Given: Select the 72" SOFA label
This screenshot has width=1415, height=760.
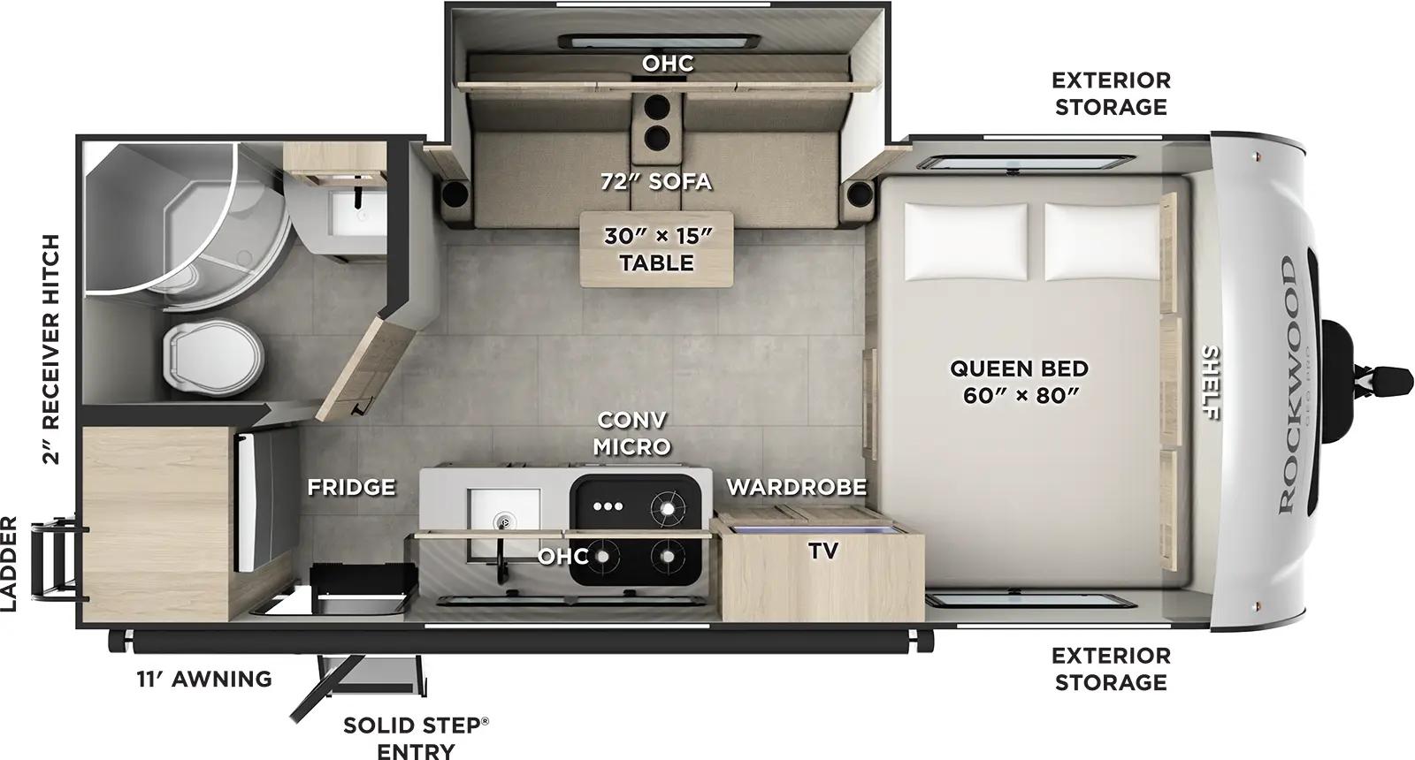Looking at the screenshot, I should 655,181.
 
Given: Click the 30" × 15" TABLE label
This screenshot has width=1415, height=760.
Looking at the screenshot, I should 656,249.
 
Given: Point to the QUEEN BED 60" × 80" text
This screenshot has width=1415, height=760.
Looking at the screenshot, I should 1019,380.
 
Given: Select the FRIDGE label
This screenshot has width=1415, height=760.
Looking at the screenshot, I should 351,487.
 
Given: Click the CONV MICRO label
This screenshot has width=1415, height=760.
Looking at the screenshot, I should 631,433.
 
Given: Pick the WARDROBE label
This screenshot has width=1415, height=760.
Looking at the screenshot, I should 796,487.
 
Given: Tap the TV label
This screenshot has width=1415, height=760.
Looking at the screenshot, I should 822,551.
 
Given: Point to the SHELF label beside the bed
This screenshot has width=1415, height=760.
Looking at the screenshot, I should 1210,383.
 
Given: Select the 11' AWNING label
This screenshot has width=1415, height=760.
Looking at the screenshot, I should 203,679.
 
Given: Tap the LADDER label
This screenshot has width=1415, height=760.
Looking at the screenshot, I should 10,564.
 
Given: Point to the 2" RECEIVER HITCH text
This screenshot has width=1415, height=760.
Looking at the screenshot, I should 51,349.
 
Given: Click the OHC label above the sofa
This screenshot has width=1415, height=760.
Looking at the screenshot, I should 668,64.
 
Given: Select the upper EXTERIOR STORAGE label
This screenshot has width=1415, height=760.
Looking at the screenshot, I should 1110,93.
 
